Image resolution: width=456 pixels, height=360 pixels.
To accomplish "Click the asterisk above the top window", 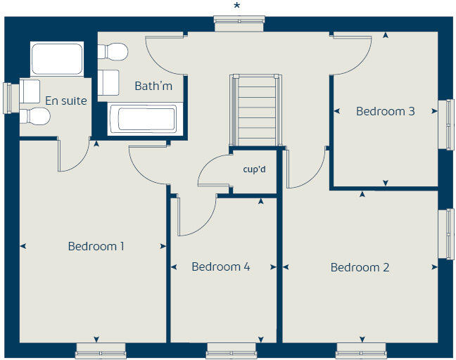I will [x=236, y=6].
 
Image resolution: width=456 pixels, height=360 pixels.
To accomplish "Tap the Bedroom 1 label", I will [x=96, y=246].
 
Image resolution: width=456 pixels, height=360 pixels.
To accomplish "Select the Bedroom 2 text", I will [x=360, y=267].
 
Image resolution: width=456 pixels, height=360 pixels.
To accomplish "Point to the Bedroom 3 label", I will [x=385, y=111].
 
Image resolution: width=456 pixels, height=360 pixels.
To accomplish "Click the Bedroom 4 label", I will [x=220, y=267].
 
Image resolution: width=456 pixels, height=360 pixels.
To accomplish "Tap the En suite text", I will [x=65, y=101].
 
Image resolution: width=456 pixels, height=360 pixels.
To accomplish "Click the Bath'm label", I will [x=153, y=86].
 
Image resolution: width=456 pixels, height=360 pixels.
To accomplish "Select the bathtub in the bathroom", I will [x=146, y=119].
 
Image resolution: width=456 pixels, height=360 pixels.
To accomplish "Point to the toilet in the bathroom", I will [x=114, y=51].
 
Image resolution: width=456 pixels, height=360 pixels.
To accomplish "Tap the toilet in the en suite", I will [x=34, y=116].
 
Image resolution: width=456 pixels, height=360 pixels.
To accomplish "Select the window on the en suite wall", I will [x=8, y=98].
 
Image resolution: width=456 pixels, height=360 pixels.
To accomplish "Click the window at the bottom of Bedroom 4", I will [x=230, y=349].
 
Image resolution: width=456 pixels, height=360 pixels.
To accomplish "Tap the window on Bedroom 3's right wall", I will [x=447, y=124].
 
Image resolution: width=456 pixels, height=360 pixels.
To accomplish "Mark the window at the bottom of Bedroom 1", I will [x=100, y=349].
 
